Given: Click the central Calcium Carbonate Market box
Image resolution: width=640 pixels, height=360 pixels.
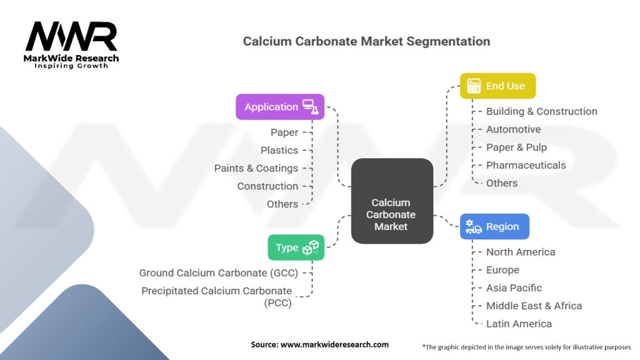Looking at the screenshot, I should (x=392, y=201).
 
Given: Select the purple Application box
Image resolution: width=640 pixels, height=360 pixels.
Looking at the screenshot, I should (x=280, y=107).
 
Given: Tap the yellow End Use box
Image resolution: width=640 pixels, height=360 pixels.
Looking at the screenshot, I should (x=497, y=86).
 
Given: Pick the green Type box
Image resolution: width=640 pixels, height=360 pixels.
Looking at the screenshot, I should (x=296, y=247).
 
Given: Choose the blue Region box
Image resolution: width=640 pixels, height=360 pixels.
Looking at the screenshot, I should (x=494, y=227).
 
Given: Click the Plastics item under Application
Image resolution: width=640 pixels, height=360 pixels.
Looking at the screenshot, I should (x=279, y=150).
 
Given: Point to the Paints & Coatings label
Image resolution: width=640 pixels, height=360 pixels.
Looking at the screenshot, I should (x=256, y=168).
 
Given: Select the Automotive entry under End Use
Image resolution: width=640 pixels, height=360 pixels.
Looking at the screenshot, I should (x=513, y=129).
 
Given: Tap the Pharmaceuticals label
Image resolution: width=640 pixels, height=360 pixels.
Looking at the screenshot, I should (x=526, y=165).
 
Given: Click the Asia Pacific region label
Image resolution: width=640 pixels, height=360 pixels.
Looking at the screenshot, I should (x=514, y=288).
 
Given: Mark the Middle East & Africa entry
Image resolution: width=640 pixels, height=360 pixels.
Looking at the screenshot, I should (x=534, y=306).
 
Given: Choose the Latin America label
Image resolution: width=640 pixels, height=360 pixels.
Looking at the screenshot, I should (x=519, y=324).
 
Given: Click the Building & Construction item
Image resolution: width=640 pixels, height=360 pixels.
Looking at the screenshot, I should (x=541, y=111).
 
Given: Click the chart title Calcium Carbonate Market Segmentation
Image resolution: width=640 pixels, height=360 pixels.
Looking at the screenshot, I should (x=366, y=41).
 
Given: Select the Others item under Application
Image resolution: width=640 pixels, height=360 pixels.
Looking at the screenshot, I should (x=282, y=204).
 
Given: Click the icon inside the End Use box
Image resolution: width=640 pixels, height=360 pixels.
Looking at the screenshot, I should (x=474, y=86).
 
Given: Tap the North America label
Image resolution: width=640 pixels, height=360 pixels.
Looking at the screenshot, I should (x=521, y=252).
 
